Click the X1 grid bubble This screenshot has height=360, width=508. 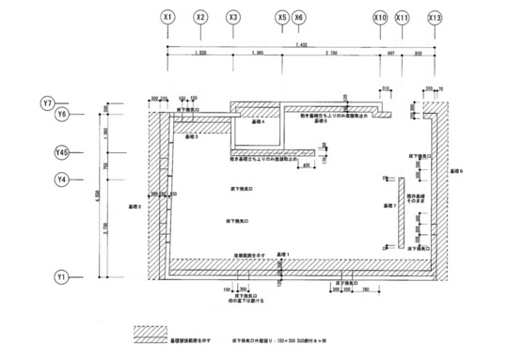click(x=167, y=18)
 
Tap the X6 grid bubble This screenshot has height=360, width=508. click(x=298, y=18)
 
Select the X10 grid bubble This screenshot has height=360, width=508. click(x=380, y=18)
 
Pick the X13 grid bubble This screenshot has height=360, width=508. click(x=435, y=18)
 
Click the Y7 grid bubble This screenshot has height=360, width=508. click(x=49, y=101)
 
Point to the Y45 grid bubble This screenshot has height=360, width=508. click(x=63, y=151)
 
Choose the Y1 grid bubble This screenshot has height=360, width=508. click(x=63, y=278)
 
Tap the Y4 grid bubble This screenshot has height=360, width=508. click(x=63, y=179)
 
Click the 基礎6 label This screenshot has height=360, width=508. click(x=456, y=171)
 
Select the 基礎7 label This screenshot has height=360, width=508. click(x=385, y=204)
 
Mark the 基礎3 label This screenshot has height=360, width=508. click(x=190, y=137)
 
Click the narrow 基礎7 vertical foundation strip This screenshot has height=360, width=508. click(x=399, y=212)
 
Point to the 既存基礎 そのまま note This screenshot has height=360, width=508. click(x=416, y=196)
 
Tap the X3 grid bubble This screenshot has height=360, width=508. click(x=233, y=18)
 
